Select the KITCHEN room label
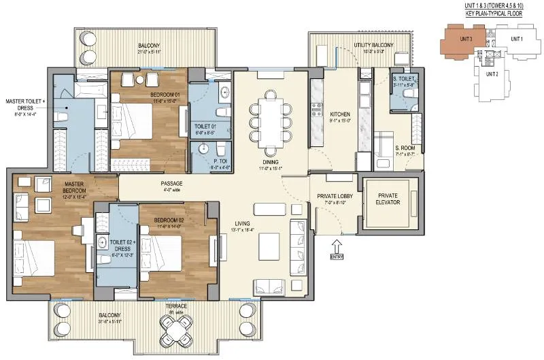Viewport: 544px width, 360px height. click(x=339, y=114)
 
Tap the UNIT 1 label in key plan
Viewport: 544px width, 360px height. click(x=517, y=39)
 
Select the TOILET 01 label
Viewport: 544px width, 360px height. click(x=205, y=127)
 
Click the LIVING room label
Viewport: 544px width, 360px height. click(x=242, y=223)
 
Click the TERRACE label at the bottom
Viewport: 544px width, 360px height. click(x=176, y=306)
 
